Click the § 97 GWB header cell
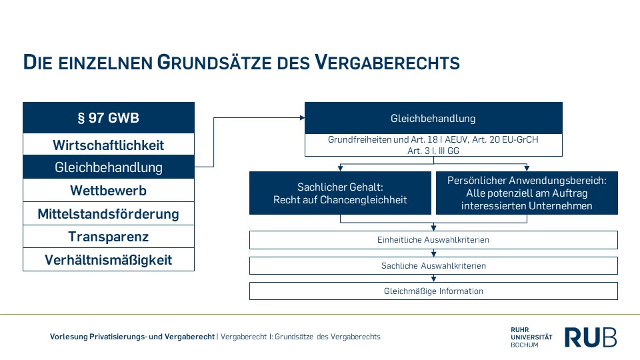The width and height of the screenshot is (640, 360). (x=109, y=118)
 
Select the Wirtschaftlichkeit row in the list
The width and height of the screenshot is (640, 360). (x=109, y=145)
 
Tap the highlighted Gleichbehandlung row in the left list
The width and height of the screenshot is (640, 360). (x=109, y=167)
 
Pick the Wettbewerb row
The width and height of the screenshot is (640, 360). (x=109, y=191)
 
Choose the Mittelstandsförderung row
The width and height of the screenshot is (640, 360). (x=109, y=214)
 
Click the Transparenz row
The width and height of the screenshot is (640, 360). (x=109, y=237)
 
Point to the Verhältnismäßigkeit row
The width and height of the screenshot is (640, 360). (x=109, y=260)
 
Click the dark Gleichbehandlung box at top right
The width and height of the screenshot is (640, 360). (x=433, y=119)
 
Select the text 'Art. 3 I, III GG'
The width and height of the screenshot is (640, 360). (x=433, y=151)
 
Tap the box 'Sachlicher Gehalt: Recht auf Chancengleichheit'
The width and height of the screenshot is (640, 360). (x=340, y=193)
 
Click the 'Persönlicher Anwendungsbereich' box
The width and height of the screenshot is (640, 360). (x=527, y=193)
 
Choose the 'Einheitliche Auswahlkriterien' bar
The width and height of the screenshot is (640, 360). (x=433, y=240)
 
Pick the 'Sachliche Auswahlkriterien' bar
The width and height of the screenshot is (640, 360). (x=433, y=266)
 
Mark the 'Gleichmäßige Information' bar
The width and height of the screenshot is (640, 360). (x=433, y=291)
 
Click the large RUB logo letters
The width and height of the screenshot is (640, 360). (x=591, y=337)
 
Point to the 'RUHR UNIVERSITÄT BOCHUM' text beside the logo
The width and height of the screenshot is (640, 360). (x=531, y=337)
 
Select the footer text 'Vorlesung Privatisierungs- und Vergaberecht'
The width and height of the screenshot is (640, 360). (x=132, y=337)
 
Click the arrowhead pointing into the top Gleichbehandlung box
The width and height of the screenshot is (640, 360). (x=302, y=118)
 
